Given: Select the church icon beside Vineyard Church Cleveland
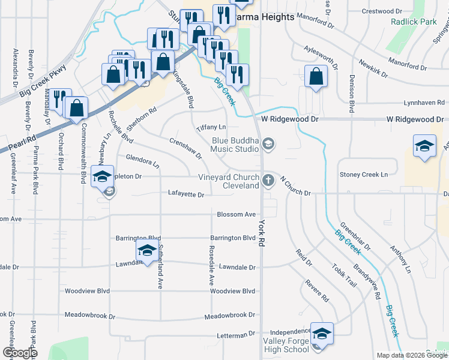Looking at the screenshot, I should (268, 179).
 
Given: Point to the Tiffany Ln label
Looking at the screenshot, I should (211, 127).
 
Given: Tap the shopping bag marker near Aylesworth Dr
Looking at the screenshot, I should (316, 77).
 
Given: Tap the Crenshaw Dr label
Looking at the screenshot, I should (185, 148).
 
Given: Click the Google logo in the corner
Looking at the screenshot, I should (20, 353).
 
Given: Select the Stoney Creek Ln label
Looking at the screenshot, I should (364, 175).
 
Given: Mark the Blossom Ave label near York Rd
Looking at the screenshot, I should (237, 214).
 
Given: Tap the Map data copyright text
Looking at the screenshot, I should (411, 355).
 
